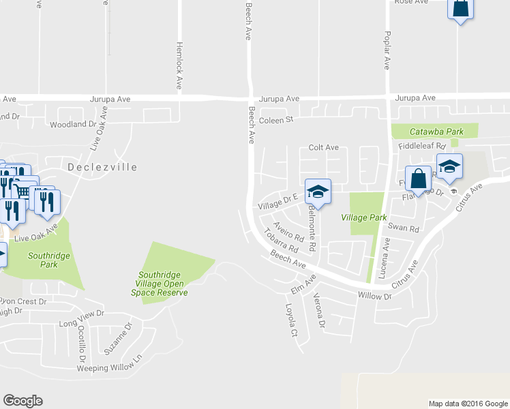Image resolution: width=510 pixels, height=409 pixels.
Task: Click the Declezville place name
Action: click(102, 167)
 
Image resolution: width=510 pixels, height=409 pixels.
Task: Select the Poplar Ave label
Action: click(387, 50)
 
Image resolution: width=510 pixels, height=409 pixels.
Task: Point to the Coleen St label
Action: click(275, 120)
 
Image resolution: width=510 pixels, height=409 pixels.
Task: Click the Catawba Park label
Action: click(436, 131)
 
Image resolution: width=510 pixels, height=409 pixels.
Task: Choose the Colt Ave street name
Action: click(323, 147)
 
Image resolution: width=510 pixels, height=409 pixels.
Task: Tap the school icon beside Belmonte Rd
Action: click(318, 192)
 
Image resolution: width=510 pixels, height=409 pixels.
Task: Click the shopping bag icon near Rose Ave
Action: click(461, 8)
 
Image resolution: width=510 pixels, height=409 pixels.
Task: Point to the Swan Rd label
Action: click(403, 227)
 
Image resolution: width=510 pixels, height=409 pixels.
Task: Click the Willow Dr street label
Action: click(374, 297)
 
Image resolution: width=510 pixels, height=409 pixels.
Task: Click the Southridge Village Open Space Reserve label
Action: click(159, 282)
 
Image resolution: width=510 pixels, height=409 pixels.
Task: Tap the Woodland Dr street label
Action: click(74, 125)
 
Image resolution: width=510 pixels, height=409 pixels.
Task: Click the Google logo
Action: click(22, 401)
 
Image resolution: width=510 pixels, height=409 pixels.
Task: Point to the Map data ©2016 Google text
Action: click(468, 404)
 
